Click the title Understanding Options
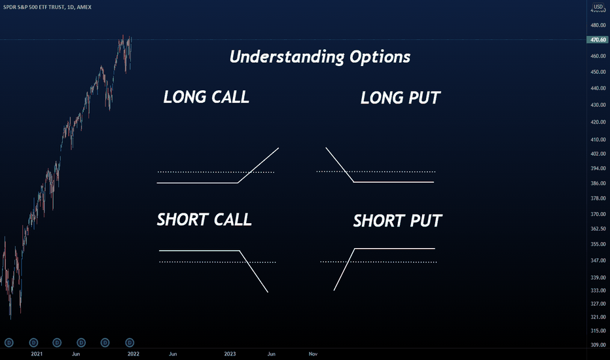coord(320,57)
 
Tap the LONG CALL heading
coord(206,97)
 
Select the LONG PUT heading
coord(401,98)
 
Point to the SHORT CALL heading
coord(204,219)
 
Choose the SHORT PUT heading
coord(397,221)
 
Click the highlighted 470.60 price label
coord(598,40)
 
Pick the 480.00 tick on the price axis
coord(598,26)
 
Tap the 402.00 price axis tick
coord(598,154)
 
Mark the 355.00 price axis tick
coord(598,244)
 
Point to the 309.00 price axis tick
coord(598,345)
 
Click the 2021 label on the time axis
coord(37,353)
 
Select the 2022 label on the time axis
coord(133,353)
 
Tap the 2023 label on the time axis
coord(230,353)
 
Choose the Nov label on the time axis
coord(313,353)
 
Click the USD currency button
coord(598,7)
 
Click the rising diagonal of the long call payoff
coord(259,165)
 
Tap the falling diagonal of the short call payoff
coord(254,271)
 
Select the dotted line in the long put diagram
coord(376,171)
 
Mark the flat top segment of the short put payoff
coord(395,248)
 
